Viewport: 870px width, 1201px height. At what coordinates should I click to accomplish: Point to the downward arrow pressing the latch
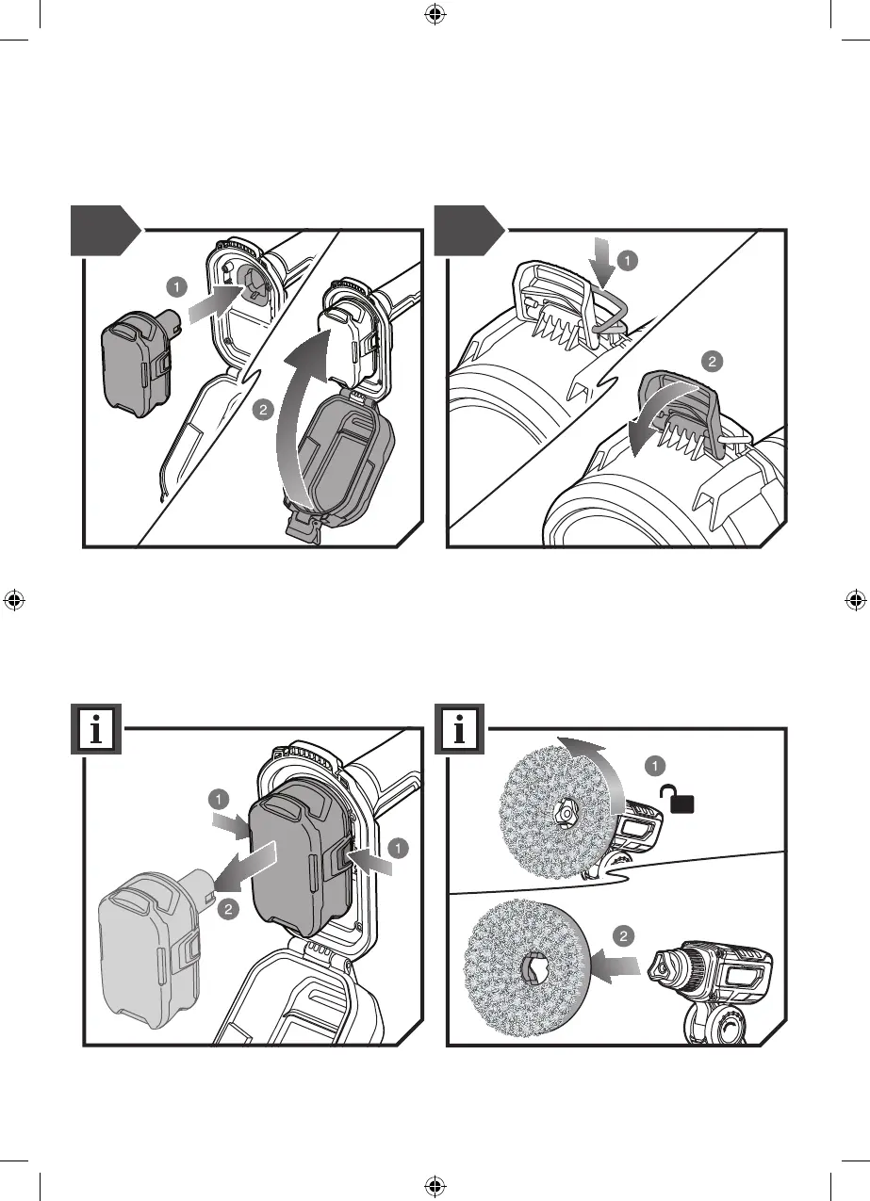(600, 262)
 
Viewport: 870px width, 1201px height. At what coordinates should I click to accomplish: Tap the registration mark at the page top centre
(435, 14)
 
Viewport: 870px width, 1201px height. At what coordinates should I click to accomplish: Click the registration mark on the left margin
(14, 600)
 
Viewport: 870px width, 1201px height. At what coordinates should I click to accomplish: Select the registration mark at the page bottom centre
(435, 1186)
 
